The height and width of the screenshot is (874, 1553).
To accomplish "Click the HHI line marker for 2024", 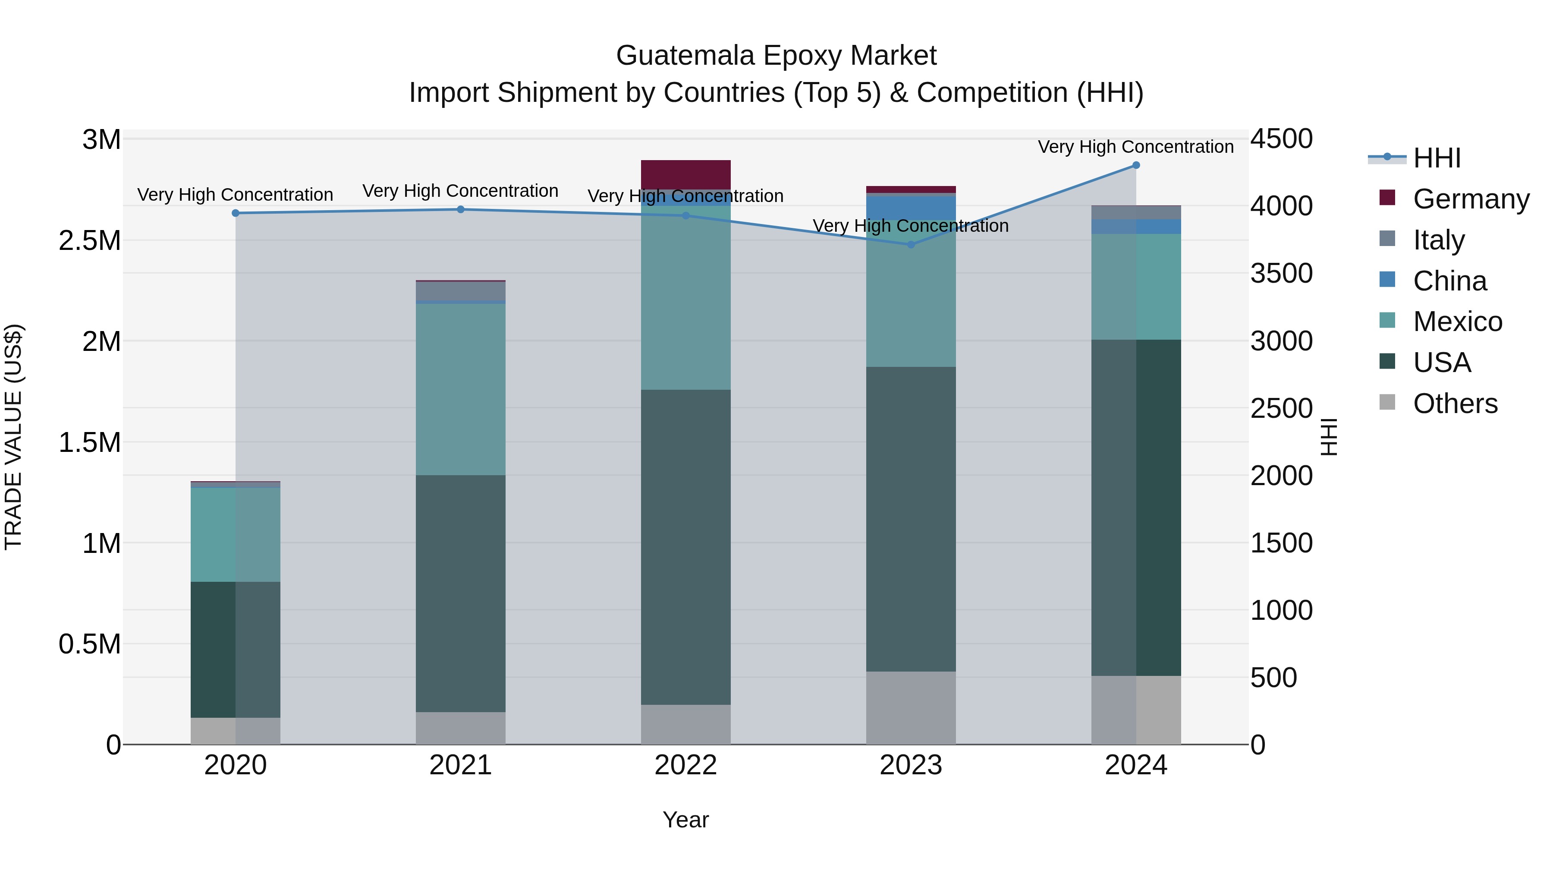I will (x=1136, y=165).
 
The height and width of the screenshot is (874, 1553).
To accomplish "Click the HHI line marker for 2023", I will (x=911, y=244).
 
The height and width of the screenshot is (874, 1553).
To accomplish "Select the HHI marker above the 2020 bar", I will (x=236, y=213).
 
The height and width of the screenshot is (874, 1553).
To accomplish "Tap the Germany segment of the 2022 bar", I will (x=685, y=174).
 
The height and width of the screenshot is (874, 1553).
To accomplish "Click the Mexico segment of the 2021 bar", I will (x=461, y=389).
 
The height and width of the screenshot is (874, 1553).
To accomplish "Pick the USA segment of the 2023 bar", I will (x=911, y=519).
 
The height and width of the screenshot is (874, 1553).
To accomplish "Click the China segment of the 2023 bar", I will (x=911, y=208).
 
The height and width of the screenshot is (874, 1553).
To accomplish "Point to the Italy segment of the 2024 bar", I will (x=1136, y=212).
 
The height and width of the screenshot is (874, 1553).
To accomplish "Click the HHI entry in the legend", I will (x=1436, y=158).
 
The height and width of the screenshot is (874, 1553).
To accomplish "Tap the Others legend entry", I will (x=1454, y=404).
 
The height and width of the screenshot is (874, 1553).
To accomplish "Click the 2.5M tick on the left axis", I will (x=90, y=241).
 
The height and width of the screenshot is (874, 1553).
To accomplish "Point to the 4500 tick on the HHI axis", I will (x=1281, y=139).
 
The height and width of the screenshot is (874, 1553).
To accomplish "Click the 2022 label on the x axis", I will (x=685, y=765).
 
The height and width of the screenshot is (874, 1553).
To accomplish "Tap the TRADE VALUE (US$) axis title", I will (x=13, y=437).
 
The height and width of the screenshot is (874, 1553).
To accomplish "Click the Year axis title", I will (x=685, y=820).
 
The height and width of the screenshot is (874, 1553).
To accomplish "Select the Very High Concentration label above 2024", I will (x=1135, y=147).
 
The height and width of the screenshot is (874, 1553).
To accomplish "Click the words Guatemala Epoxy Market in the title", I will (x=776, y=56).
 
